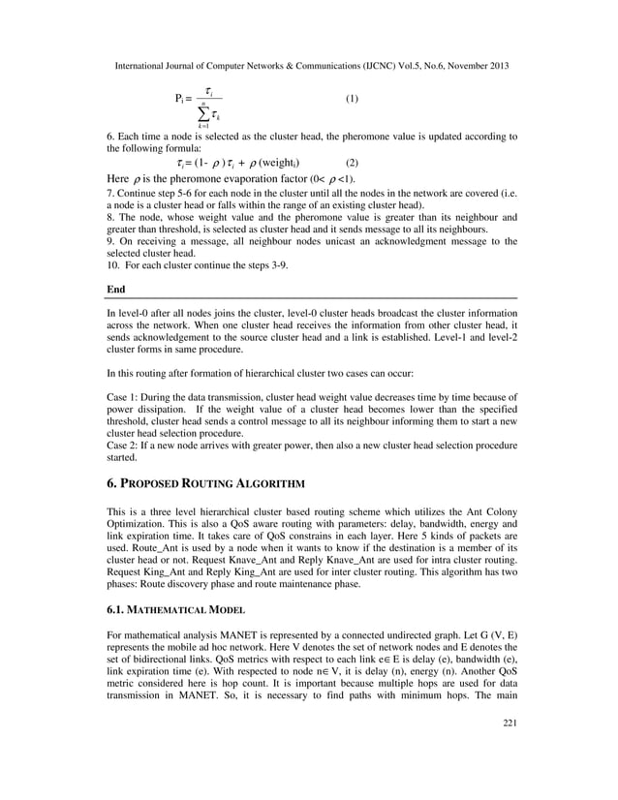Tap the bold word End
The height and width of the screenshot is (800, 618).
tap(115, 289)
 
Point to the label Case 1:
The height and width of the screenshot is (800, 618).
tap(122, 396)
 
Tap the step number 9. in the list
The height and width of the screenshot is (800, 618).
tap(109, 241)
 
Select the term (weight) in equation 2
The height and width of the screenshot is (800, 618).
tap(281, 163)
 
